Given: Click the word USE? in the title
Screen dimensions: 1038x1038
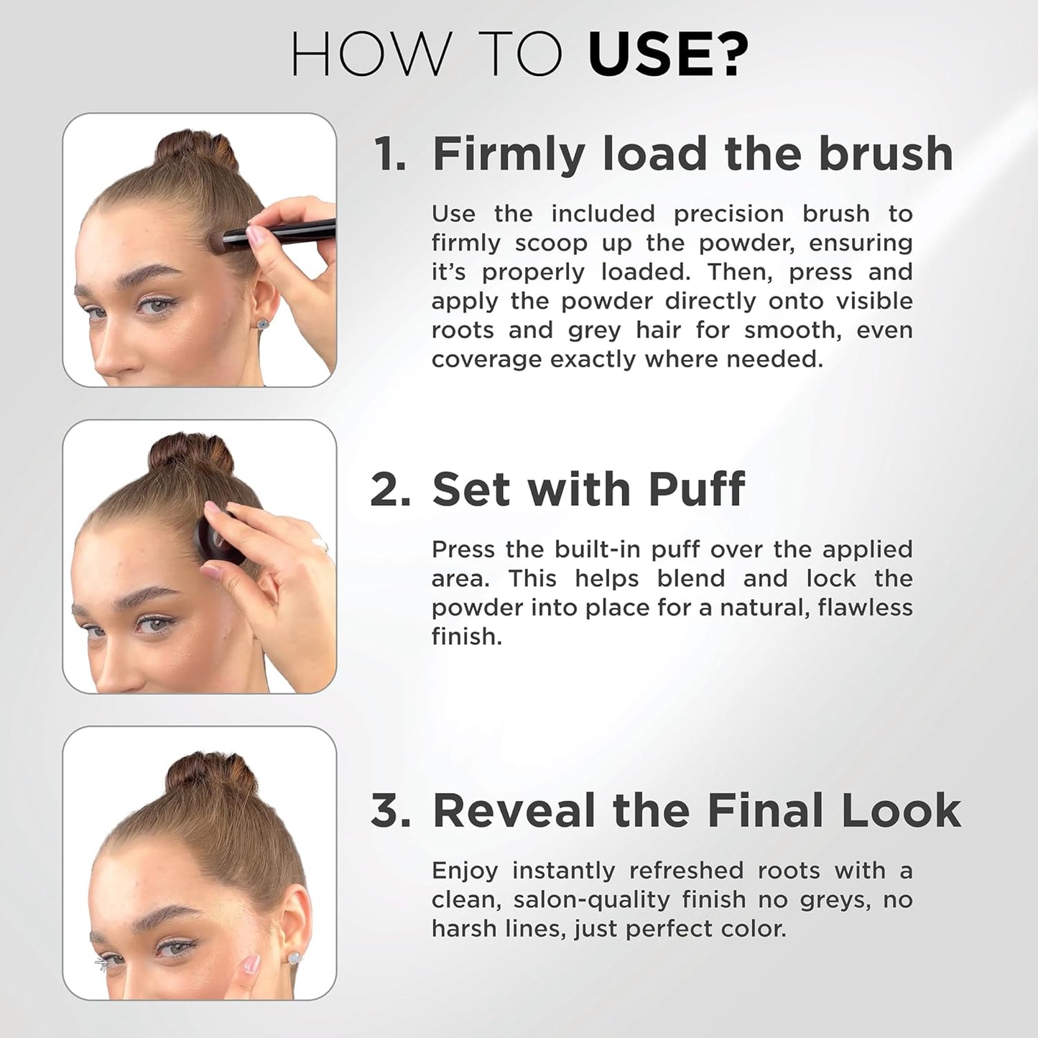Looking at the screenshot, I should [x=668, y=55].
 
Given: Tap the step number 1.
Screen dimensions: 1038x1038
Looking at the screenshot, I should [x=389, y=154].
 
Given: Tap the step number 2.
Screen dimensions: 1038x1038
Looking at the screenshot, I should [x=390, y=490].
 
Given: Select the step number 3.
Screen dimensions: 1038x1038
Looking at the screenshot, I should [x=390, y=811].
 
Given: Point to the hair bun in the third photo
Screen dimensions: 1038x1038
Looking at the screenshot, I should [x=210, y=774].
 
